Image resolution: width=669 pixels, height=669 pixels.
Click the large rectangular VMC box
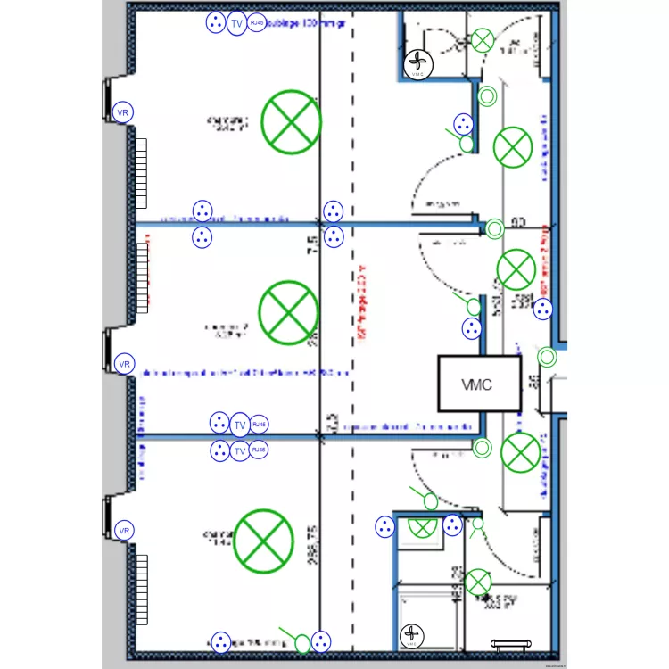(478, 384)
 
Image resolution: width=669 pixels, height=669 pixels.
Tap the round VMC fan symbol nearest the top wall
(418, 62)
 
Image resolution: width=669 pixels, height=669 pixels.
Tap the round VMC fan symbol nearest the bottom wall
(412, 635)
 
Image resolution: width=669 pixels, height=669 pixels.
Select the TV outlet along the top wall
(236, 24)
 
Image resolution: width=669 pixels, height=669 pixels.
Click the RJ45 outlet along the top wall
(257, 23)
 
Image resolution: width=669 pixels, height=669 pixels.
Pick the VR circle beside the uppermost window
(124, 113)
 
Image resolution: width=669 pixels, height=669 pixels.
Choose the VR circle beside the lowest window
(124, 531)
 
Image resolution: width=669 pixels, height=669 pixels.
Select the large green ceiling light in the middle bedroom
(288, 310)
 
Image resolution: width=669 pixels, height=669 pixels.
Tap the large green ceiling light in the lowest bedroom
(263, 540)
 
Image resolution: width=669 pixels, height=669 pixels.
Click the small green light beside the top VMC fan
(483, 40)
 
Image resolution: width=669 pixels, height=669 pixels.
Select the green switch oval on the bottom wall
(302, 641)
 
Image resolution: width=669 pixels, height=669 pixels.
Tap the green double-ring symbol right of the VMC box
(548, 358)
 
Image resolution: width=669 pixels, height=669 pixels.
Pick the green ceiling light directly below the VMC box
(519, 452)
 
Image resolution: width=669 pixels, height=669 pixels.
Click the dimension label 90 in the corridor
(518, 223)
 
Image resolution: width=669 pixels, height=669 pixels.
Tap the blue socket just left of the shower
(385, 526)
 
